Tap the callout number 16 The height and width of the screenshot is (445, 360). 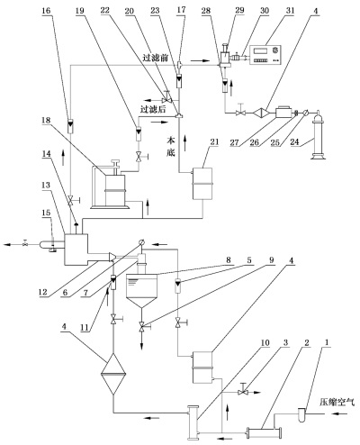tap(46, 11)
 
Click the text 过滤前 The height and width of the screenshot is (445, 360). tap(155, 58)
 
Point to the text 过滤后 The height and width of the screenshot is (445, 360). tap(153, 109)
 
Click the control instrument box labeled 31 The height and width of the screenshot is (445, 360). tap(266, 54)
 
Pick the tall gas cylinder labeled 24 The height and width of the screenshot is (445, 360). tap(319, 134)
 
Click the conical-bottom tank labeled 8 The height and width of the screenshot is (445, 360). tap(141, 291)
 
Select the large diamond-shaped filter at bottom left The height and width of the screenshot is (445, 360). tap(113, 374)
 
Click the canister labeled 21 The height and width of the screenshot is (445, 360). tap(202, 184)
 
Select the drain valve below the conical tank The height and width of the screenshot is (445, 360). tap(142, 326)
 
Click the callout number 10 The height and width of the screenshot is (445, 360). tap(265, 342)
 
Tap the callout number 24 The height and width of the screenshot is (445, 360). tap(295, 141)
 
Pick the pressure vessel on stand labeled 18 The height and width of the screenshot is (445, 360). tap(111, 185)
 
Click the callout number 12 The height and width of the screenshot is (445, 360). tap(43, 292)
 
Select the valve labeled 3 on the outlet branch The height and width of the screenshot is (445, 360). tap(242, 392)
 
